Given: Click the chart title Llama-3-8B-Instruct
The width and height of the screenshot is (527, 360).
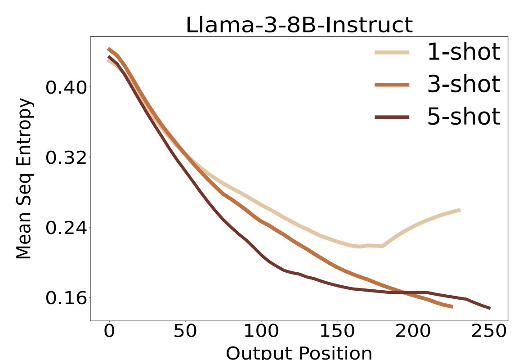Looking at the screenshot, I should tap(299, 25).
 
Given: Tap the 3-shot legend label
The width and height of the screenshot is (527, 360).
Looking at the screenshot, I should tap(463, 84).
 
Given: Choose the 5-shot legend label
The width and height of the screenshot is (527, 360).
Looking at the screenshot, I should tap(463, 117).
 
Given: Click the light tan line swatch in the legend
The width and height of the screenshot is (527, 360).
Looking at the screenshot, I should tap(392, 52).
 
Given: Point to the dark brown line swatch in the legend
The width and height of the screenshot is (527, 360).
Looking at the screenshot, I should tap(392, 117).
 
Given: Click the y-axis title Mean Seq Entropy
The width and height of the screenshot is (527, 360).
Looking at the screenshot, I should tap(25, 179).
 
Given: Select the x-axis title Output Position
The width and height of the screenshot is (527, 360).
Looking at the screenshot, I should tap(299, 352).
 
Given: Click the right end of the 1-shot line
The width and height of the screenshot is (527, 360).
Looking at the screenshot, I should tap(459, 210).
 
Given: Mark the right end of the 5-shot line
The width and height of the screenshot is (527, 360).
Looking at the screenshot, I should tap(489, 308).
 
